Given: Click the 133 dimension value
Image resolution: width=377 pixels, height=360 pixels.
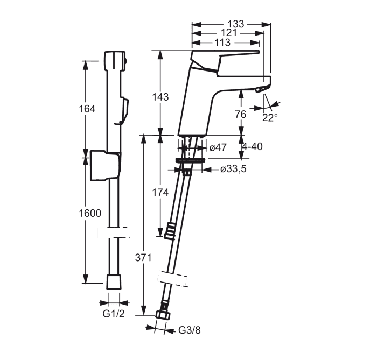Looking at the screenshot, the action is [x=236, y=24].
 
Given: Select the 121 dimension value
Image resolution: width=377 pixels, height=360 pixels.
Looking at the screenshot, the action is [x=229, y=33].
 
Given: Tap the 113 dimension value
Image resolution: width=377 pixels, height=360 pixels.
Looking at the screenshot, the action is [x=222, y=43].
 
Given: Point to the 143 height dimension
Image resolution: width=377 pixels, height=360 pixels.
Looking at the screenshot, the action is [x=160, y=97].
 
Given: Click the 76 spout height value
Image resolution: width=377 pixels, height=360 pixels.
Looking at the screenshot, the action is [x=240, y=114].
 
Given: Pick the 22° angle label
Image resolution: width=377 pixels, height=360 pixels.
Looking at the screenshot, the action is [x=270, y=118].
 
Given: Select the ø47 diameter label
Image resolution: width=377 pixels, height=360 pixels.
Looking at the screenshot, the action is [x=218, y=147].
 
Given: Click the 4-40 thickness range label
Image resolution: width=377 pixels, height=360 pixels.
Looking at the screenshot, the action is [x=252, y=146].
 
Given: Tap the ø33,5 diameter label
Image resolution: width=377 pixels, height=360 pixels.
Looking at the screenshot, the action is [x=233, y=169].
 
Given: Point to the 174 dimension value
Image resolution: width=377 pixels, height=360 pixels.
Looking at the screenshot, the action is [x=160, y=192].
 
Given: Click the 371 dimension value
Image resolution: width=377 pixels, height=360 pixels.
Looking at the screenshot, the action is [x=143, y=258].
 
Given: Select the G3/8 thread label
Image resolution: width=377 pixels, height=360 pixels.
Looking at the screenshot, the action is [x=189, y=330].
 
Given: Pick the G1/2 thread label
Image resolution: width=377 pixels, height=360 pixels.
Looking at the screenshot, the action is [x=114, y=314].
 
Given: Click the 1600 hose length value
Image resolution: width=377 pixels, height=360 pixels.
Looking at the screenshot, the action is [x=90, y=213].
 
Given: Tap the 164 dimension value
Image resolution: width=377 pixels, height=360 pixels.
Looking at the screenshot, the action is [x=87, y=109].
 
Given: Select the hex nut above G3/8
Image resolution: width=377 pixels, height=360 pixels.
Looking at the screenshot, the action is [x=163, y=315].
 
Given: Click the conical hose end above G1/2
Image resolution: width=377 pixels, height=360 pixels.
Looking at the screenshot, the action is [x=114, y=282].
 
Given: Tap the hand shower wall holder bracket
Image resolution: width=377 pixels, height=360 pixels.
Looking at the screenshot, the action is [x=105, y=165].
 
